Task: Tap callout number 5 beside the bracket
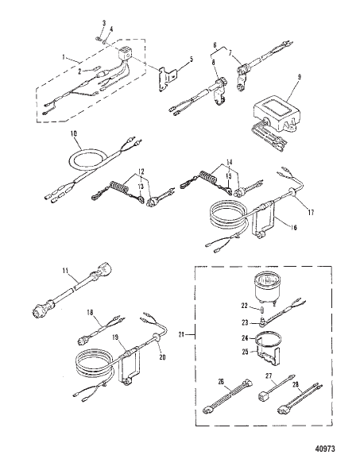tap(189, 60)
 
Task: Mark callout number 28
tap(297, 384)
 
